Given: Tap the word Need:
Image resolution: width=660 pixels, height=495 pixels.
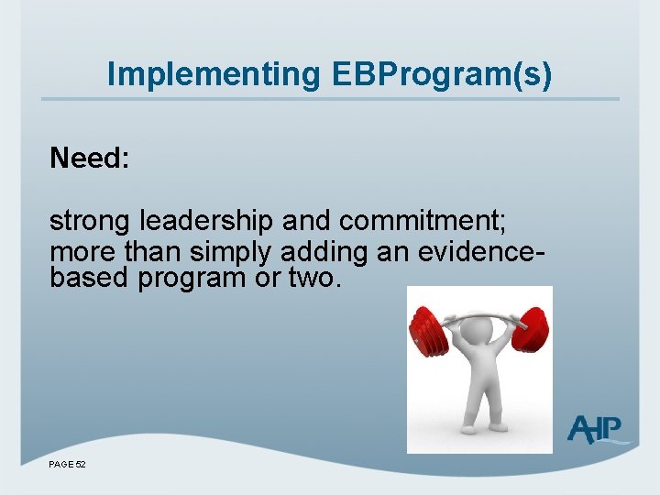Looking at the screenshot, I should (x=90, y=159).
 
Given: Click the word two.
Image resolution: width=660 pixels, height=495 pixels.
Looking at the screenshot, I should (x=314, y=279).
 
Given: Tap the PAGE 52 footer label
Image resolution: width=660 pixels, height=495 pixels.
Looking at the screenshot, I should (x=67, y=465).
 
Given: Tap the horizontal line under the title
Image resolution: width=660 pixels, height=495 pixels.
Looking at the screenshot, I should (x=330, y=99).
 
